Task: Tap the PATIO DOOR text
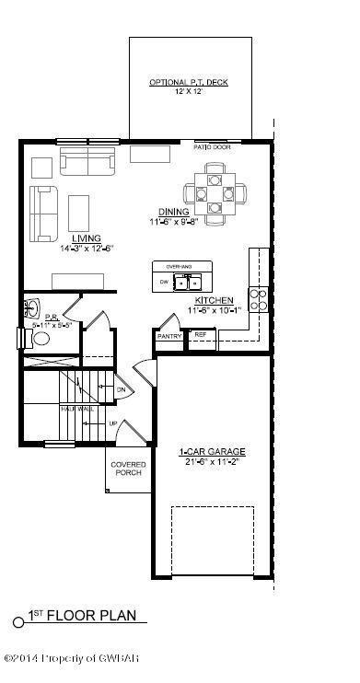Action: point(212,146)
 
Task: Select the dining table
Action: point(215,194)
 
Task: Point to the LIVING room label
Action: point(87,237)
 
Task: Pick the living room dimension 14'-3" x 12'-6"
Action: point(87,249)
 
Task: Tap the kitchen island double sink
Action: point(189,281)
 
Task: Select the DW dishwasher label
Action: point(164,281)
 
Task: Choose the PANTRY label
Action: point(168,337)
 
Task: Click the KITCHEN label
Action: point(214,301)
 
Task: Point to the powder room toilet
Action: point(40,338)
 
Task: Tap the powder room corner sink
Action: point(33,306)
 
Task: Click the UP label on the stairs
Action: point(113,424)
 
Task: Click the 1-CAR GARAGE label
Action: point(212,451)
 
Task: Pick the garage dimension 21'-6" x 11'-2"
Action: point(212,462)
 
